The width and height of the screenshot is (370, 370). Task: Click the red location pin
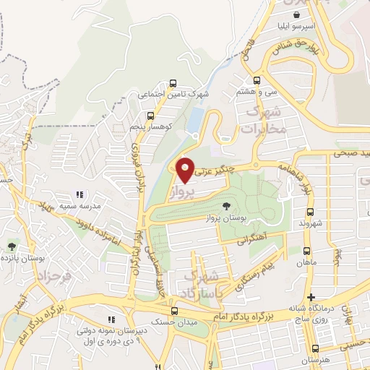click(x=186, y=169)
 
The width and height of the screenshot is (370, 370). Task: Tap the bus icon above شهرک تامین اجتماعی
click(x=172, y=83)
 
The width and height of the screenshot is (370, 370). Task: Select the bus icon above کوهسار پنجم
click(x=151, y=115)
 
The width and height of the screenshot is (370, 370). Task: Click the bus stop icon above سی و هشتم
click(x=257, y=81)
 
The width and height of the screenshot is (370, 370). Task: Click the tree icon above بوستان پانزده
click(x=11, y=247)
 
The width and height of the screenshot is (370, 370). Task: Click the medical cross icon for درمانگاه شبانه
click(x=311, y=298)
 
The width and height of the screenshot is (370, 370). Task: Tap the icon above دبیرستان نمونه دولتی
click(x=111, y=319)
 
